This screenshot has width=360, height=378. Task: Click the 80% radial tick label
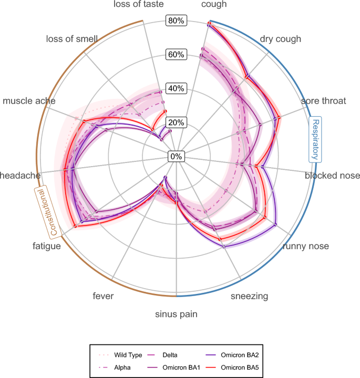(x=177, y=21)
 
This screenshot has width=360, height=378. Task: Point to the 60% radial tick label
(x=177, y=55)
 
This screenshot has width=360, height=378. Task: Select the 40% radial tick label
(x=177, y=88)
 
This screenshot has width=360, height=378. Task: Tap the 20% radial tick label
(x=177, y=122)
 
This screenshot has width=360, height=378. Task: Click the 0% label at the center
(x=177, y=156)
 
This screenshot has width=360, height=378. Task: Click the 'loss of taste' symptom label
(x=138, y=5)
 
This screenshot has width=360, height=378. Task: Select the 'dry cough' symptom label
(x=281, y=39)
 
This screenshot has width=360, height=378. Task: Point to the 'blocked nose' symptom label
(x=332, y=176)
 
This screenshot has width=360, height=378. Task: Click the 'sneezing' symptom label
(x=250, y=296)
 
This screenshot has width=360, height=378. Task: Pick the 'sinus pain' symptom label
(x=177, y=314)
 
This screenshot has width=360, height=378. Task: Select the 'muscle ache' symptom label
(x=29, y=100)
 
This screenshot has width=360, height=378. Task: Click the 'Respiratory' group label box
(x=315, y=139)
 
